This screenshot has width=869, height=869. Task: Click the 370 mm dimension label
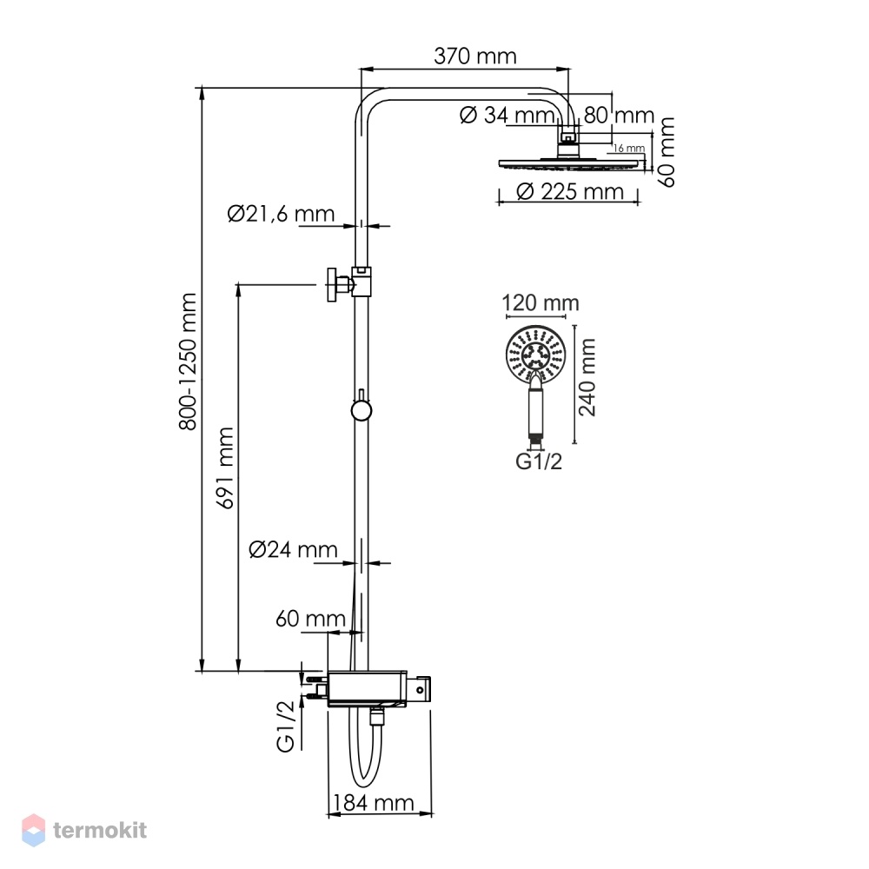pos(475,56)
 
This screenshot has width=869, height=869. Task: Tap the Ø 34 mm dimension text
pos(507,116)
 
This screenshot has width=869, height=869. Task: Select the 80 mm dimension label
pos(619,116)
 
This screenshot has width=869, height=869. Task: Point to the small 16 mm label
pos(629,148)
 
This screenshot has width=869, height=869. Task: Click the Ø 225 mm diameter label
pos(570,192)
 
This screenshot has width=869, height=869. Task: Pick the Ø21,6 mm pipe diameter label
pos(281,214)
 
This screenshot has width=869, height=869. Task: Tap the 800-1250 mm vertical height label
pos(188,362)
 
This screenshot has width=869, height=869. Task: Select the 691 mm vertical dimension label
pos(225,468)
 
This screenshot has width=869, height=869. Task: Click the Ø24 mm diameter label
pos(293,549)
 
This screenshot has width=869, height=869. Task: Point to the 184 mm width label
pos(373,802)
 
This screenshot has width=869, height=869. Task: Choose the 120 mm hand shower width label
pos(541,303)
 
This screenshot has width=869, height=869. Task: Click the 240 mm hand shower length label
pos(587,377)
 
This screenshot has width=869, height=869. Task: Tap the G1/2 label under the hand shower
pos(539,461)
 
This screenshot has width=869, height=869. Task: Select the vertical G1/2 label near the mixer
pos(285,726)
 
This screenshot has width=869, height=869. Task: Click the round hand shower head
pos(535,354)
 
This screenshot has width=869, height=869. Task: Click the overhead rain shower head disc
pos(573,164)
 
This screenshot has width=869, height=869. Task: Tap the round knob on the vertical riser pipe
pos(362,411)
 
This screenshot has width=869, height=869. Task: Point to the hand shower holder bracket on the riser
pos(349,284)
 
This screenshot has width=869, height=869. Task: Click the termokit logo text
pos(100,830)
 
